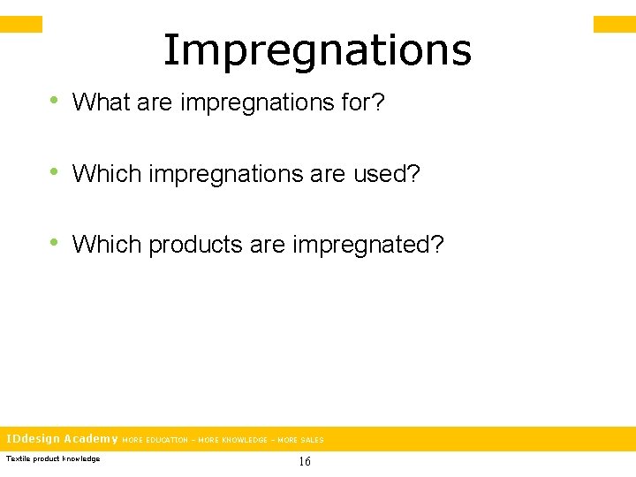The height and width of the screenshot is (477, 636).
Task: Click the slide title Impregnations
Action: click(317, 51)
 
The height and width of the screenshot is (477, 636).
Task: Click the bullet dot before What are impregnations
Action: click(55, 102)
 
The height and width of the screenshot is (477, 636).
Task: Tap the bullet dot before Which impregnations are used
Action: click(55, 172)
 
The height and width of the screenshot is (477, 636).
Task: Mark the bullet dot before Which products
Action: click(55, 243)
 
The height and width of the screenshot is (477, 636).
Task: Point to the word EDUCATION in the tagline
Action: click(166, 440)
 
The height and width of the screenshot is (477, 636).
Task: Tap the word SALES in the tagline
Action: click(312, 440)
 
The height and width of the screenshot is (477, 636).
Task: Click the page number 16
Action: click(305, 461)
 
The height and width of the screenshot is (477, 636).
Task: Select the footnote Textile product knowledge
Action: click(53, 458)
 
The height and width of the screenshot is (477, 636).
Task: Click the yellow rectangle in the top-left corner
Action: click(20, 24)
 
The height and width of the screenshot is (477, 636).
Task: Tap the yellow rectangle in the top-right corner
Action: click(614, 24)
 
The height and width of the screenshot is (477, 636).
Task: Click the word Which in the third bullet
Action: click(107, 244)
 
